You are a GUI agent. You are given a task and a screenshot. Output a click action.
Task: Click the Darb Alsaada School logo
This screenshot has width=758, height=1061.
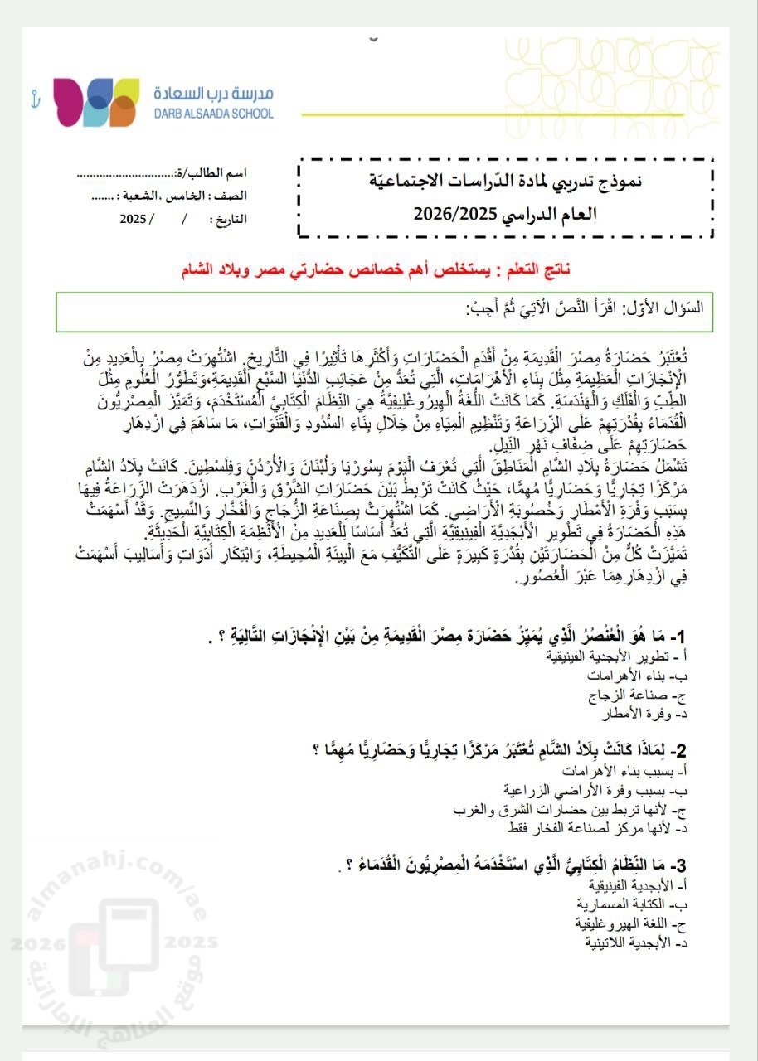(x=95, y=102)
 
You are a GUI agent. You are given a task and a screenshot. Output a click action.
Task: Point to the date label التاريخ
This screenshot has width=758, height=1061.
(x=229, y=220)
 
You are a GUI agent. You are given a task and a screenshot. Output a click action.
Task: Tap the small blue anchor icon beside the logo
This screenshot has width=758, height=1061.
(x=35, y=97)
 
